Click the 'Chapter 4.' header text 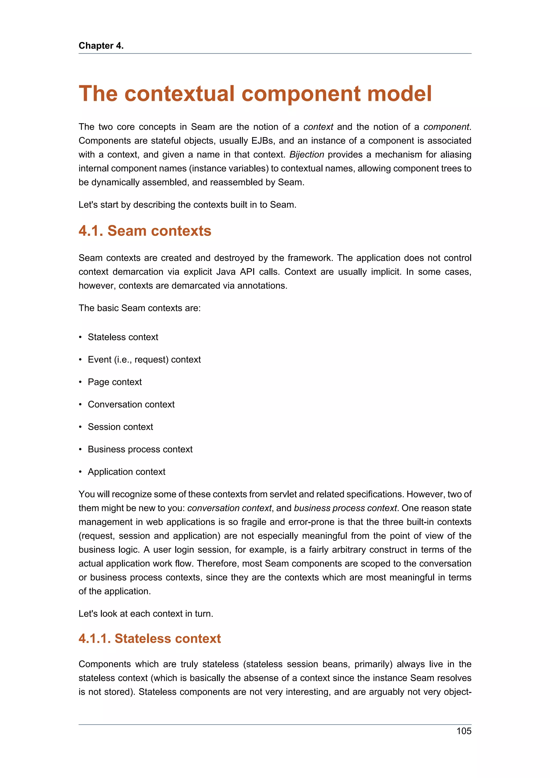(101, 46)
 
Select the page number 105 (464, 731)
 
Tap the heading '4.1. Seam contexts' (145, 231)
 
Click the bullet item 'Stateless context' (123, 337)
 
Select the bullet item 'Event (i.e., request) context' (144, 359)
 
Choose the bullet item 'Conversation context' (131, 404)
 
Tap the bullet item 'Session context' (120, 427)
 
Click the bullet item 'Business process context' (140, 449)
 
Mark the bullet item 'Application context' (126, 472)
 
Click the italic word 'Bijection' (306, 155)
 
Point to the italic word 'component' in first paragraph (446, 127)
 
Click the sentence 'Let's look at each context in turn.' (146, 614)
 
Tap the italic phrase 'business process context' (345, 508)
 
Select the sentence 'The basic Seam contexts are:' (140, 308)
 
